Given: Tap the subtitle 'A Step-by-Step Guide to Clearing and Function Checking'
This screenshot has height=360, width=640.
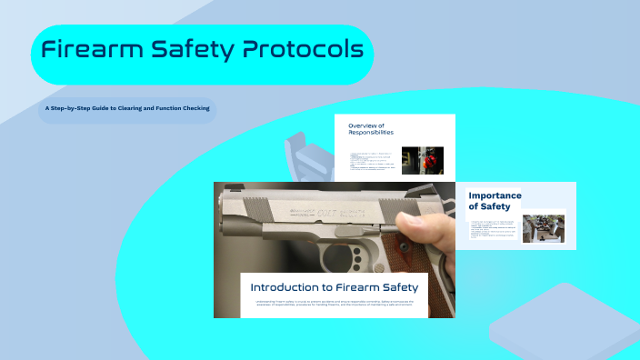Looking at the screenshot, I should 127,109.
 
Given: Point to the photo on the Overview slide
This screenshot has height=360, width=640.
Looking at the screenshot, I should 423,160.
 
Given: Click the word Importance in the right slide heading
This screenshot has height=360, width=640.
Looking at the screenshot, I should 495,195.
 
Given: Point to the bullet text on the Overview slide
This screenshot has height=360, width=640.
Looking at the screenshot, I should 373,161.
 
